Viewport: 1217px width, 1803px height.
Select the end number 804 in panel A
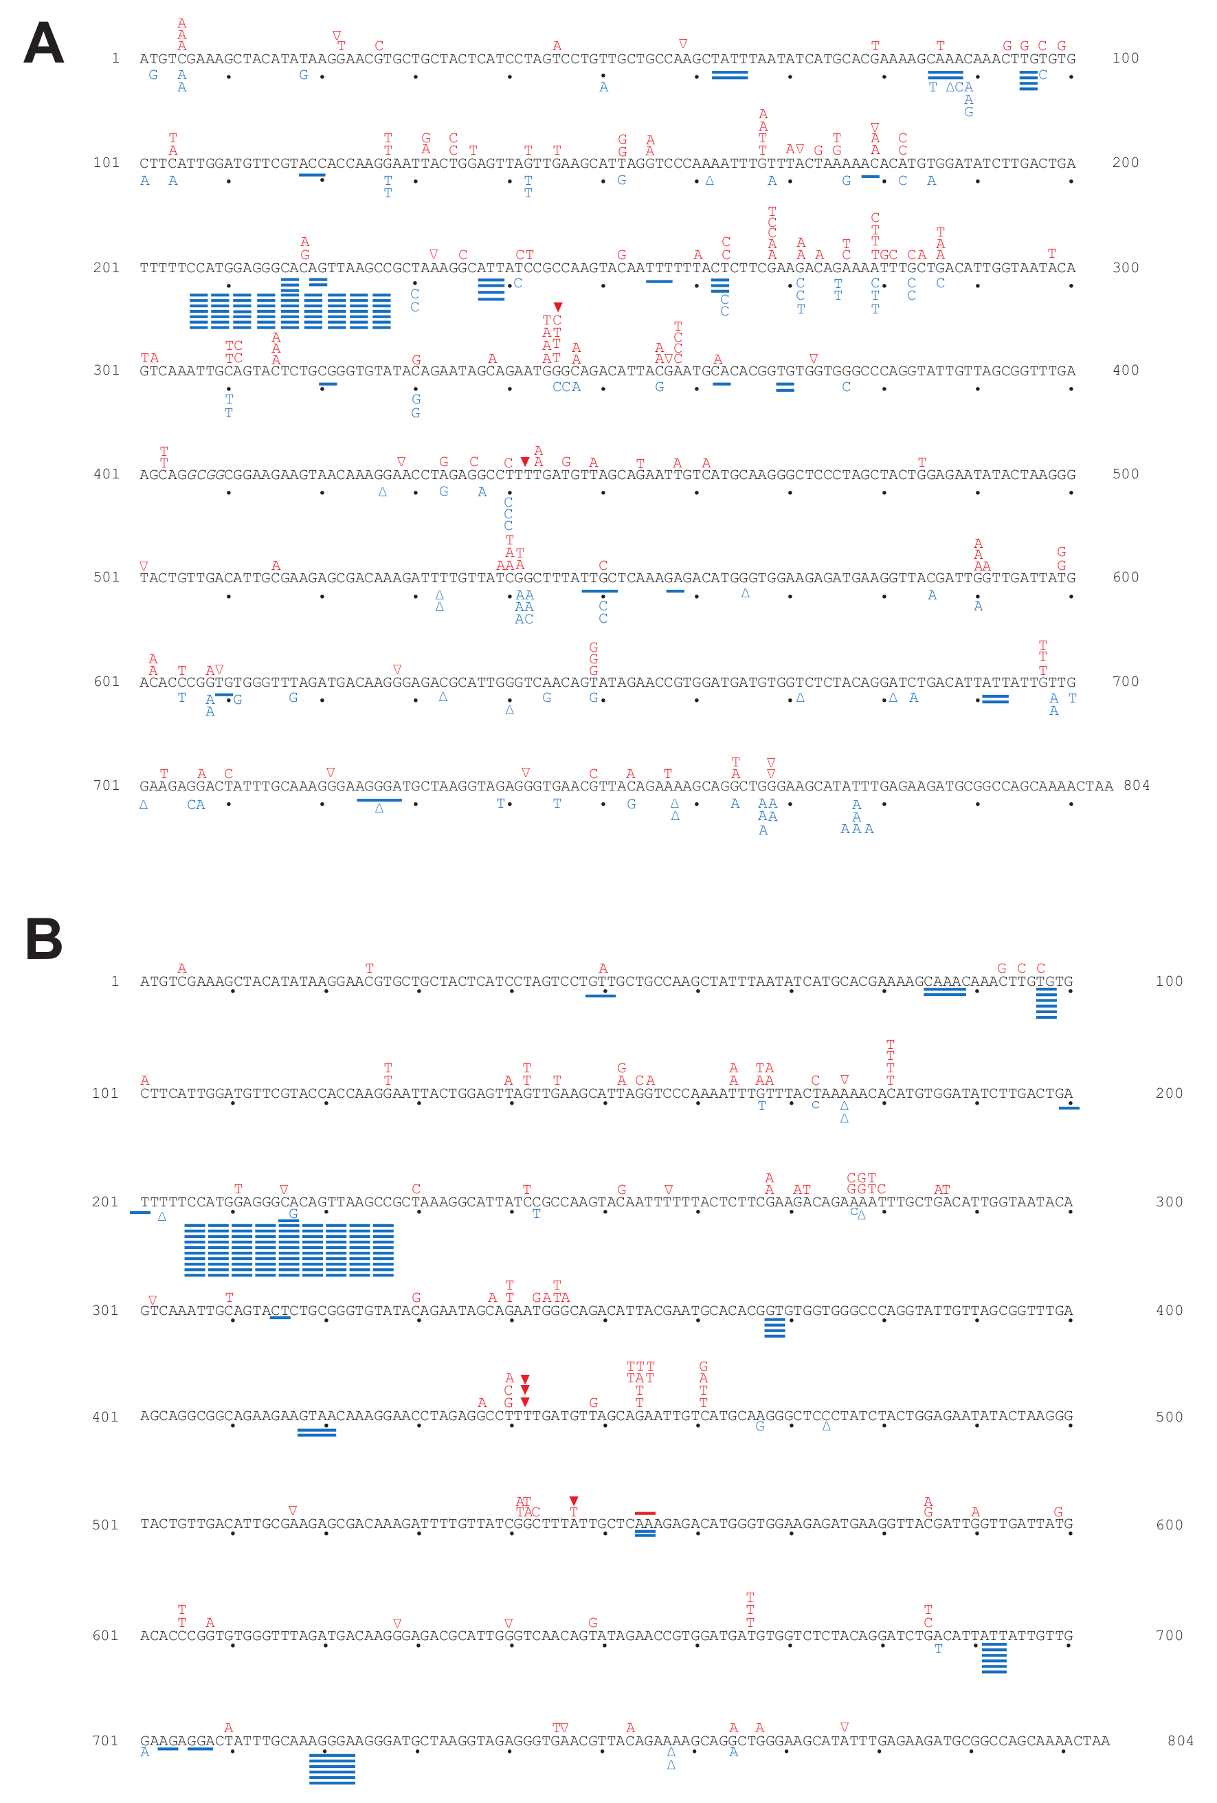pyautogui.click(x=1137, y=785)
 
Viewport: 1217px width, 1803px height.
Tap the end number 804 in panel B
pyautogui.click(x=1181, y=1740)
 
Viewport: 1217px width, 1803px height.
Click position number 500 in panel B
pyautogui.click(x=1169, y=1417)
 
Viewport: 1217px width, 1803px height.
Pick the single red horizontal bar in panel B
pyautogui.click(x=645, y=1513)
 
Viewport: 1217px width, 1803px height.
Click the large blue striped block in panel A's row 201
pyautogui.click(x=289, y=309)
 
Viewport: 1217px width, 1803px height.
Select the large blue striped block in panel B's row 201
pyautogui.click(x=289, y=1250)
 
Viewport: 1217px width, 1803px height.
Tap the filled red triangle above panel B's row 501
pyautogui.click(x=573, y=1501)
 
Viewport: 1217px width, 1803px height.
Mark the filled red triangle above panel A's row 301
pyautogui.click(x=558, y=307)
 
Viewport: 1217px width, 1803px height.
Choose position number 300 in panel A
pyautogui.click(x=1126, y=267)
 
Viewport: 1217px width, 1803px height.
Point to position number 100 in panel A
pyautogui.click(x=1126, y=58)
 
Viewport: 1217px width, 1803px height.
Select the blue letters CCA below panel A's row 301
pyautogui.click(x=566, y=387)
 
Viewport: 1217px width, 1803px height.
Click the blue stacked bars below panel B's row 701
pyautogui.click(x=332, y=1768)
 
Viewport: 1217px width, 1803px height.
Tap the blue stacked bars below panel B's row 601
pyautogui.click(x=994, y=1658)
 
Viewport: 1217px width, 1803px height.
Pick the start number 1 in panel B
pyautogui.click(x=115, y=982)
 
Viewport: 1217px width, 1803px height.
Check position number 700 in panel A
pyautogui.click(x=1126, y=681)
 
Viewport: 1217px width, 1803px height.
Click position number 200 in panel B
pyautogui.click(x=1169, y=1093)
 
